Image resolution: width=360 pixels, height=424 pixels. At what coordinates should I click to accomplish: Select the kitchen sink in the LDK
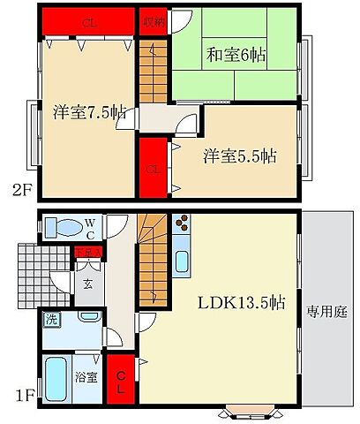tap(182, 262)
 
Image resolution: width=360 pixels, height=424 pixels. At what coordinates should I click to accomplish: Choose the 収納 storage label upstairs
tap(152, 20)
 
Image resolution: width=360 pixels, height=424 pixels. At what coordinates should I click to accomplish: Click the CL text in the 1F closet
tap(120, 382)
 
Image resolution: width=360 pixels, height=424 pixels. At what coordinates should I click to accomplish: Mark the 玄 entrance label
tap(88, 284)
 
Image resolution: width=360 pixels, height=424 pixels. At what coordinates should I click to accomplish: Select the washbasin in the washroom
tap(88, 316)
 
